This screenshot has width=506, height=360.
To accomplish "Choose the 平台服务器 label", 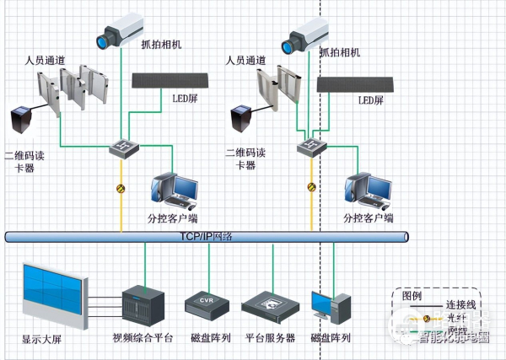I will [270, 338].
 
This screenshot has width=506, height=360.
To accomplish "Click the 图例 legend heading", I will [412, 297].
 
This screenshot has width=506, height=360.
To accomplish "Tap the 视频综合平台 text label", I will [143, 338].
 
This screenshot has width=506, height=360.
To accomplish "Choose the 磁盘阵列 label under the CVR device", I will [208, 338].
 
